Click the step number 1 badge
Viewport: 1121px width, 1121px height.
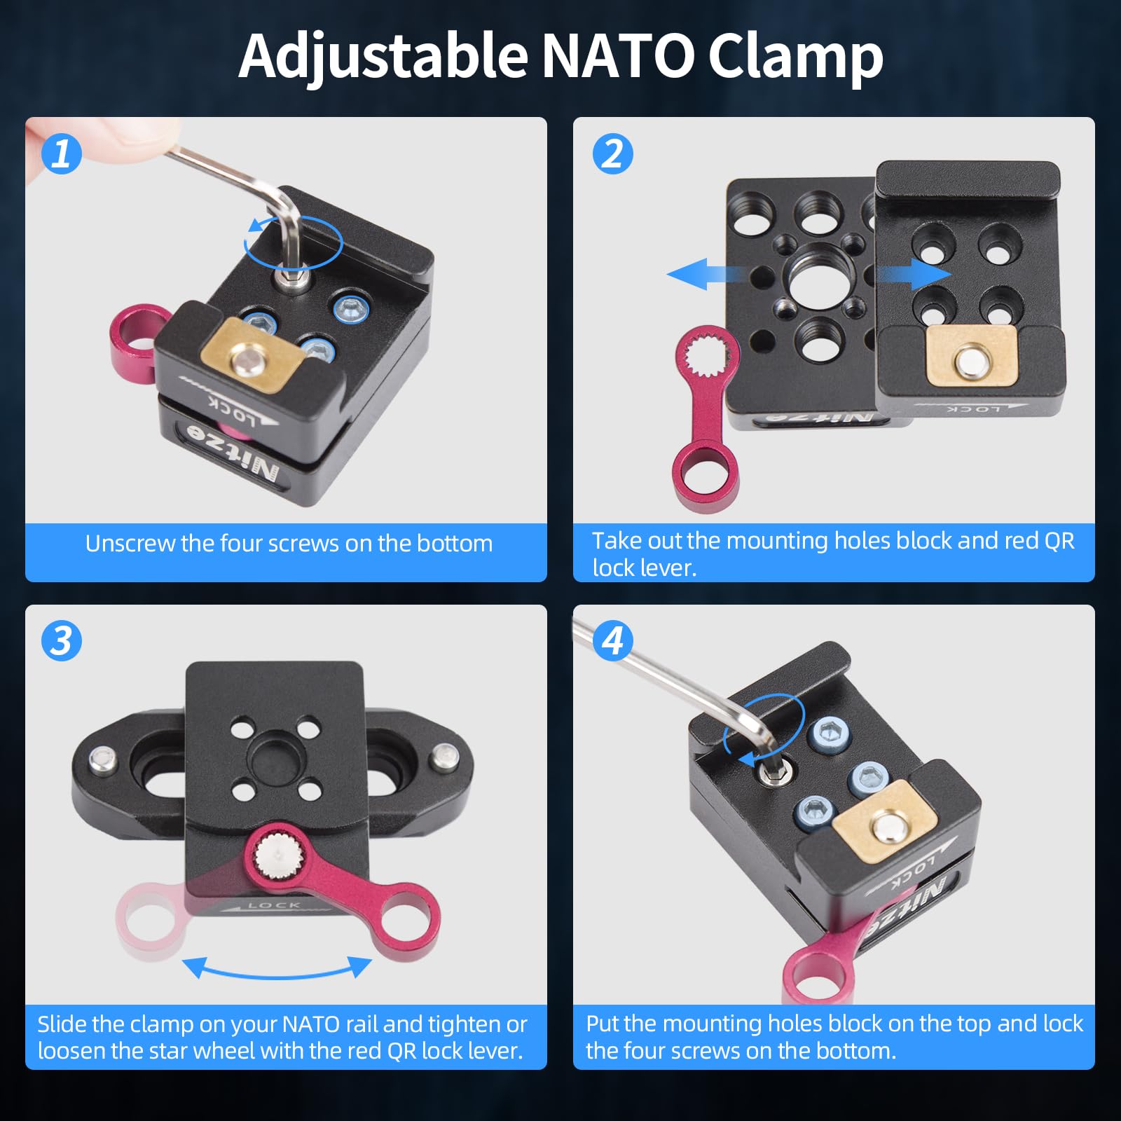[x=62, y=154]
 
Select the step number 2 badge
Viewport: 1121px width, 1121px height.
[x=612, y=154]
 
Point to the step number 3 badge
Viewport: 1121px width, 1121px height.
[x=62, y=641]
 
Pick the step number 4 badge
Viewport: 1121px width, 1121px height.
[x=612, y=641]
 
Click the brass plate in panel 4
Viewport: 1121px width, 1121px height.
[x=886, y=820]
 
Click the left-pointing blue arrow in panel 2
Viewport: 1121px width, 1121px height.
[x=697, y=273]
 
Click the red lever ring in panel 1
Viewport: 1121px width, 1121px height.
[x=136, y=343]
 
